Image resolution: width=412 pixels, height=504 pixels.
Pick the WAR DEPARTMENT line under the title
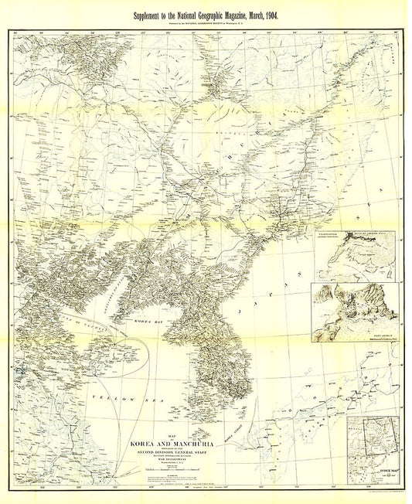point(169,466)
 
